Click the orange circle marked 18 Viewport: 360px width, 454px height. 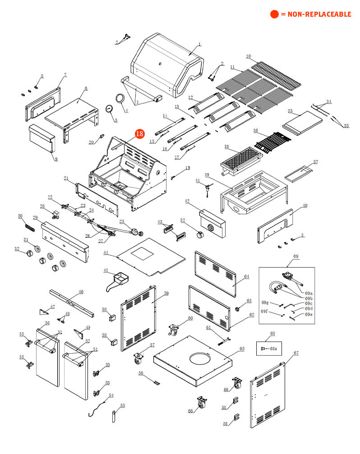[x=139, y=133]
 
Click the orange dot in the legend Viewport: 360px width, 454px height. [x=274, y=14]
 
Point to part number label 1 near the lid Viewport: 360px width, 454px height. [x=199, y=45]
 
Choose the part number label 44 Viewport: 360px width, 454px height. [x=106, y=253]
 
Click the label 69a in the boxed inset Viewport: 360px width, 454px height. [x=309, y=293]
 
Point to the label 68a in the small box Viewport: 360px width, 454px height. [x=273, y=348]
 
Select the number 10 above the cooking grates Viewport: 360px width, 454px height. [x=248, y=56]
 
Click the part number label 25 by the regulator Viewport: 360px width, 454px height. [x=122, y=221]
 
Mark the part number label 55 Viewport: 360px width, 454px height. [x=122, y=406]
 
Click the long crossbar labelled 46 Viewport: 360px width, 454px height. [x=72, y=302]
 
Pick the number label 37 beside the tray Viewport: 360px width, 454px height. [x=316, y=161]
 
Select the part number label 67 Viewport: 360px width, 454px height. [x=296, y=353]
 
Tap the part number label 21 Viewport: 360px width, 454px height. [x=66, y=178]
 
